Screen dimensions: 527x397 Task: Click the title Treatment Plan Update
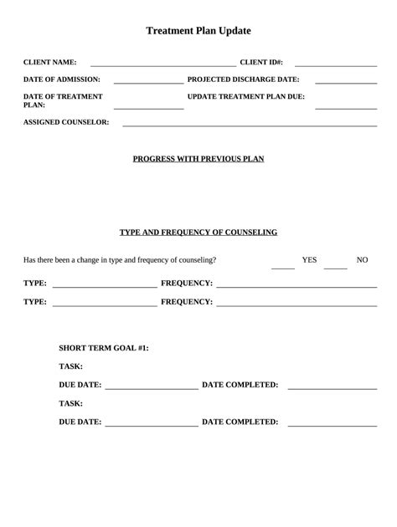[x=198, y=31]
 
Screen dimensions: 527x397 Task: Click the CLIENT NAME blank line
[x=162, y=64]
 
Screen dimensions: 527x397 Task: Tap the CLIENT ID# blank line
[x=335, y=64]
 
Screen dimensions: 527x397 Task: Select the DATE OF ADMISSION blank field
[x=148, y=83]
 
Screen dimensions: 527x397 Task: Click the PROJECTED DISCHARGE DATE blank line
[x=345, y=83]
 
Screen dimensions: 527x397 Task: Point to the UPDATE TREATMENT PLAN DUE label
[x=246, y=96]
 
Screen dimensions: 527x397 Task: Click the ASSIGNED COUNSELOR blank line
[x=250, y=125]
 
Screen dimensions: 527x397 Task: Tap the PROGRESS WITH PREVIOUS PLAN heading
[x=198, y=158]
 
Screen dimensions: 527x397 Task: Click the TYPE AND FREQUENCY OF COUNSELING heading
[x=198, y=232]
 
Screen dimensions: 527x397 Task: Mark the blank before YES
[x=283, y=268]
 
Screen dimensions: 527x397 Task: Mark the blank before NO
[x=335, y=268]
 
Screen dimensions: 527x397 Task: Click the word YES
[x=309, y=260]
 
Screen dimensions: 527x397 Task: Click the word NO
[x=362, y=260]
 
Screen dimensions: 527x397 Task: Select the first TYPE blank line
[x=104, y=286]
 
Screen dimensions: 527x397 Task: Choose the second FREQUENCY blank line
[x=296, y=305]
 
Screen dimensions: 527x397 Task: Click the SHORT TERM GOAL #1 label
[x=104, y=347]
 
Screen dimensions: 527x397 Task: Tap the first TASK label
[x=70, y=366]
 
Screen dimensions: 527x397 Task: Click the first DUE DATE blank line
[x=152, y=389]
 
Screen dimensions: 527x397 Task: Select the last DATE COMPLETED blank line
[x=332, y=426]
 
